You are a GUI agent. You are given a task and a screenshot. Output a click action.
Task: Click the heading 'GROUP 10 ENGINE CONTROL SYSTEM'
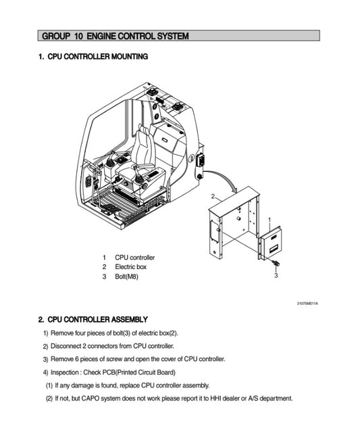coord(115,35)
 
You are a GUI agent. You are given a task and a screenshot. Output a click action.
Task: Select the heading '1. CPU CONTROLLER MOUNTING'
coord(93,57)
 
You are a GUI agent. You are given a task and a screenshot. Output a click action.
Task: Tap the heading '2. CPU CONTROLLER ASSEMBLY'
coord(93,319)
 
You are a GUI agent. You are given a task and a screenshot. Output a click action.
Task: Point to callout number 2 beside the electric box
coord(213,196)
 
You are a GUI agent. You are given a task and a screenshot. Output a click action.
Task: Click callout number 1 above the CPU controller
coord(269,220)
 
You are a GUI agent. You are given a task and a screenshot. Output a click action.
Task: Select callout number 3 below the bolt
coord(276,275)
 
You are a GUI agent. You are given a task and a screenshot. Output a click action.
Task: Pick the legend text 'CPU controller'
coord(134,258)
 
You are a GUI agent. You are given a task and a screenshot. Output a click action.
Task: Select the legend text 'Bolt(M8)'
coord(126,277)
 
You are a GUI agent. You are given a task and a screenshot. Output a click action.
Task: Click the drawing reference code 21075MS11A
coord(307,302)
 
